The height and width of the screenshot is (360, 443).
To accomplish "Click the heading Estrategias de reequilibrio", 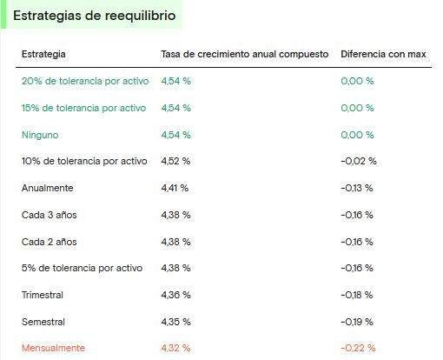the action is tap(95, 16).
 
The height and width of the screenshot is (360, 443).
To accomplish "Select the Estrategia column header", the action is tap(43, 54).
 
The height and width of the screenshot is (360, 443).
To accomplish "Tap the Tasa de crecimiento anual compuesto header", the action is tap(245, 54).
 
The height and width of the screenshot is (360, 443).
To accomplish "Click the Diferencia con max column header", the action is tap(383, 54).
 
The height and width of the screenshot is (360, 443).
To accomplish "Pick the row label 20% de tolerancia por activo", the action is tap(85, 81).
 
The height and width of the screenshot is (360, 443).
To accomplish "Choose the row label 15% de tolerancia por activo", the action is tap(83, 108).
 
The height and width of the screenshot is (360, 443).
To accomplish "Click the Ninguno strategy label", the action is tap(40, 135).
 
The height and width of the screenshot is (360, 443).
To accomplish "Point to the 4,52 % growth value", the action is tap(175, 161).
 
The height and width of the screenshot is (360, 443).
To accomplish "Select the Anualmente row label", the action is tap(47, 188).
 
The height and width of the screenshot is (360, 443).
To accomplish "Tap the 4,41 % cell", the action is tap(175, 188).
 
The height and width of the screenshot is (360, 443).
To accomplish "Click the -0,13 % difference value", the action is tap(357, 188).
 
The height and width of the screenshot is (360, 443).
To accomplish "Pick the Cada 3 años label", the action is tap(50, 215).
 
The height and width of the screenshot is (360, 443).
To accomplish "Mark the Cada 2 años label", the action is tap(50, 242).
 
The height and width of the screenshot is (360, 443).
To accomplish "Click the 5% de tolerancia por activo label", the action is tap(82, 268).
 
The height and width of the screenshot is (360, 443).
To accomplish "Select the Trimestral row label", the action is tap(43, 295).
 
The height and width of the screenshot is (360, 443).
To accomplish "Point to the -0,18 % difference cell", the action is tap(357, 295).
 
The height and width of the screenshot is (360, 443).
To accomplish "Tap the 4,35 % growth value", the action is tap(175, 322).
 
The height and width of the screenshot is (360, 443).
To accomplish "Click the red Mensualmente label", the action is tap(53, 348).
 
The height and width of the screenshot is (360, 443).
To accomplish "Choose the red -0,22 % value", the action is tap(358, 348).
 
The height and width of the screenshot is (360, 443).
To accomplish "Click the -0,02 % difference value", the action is tap(359, 161).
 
